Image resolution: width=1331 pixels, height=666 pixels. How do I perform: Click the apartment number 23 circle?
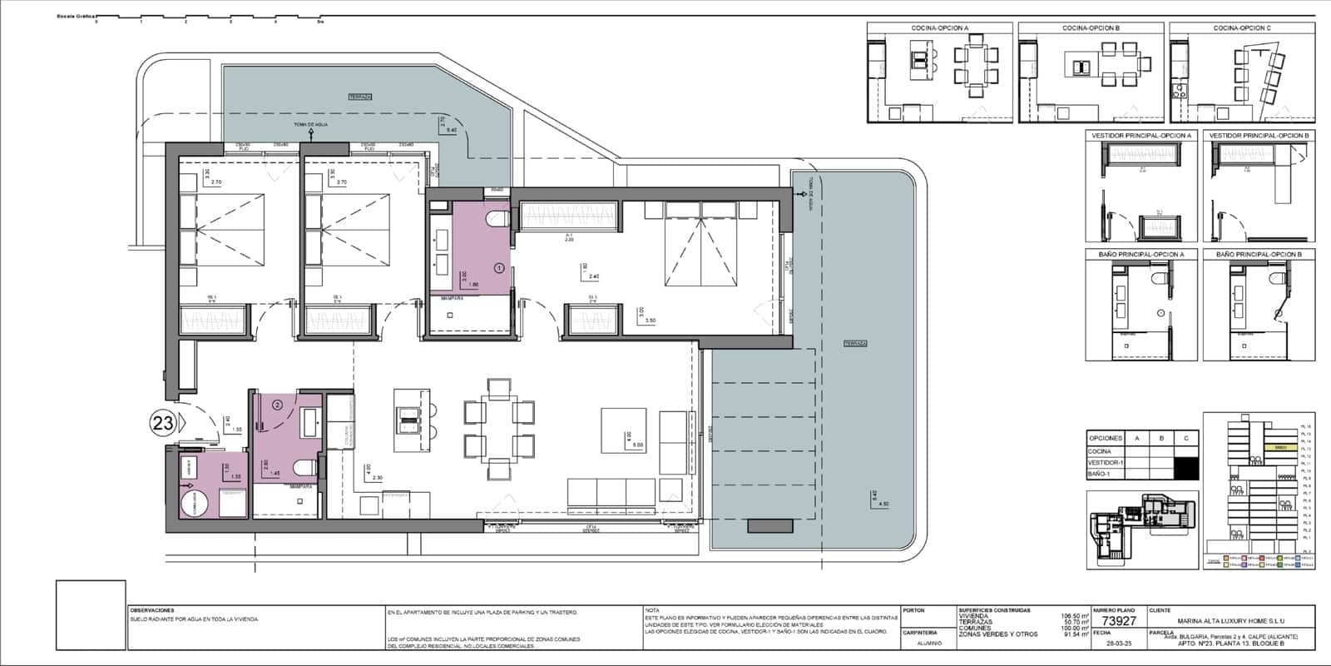coord(162,423)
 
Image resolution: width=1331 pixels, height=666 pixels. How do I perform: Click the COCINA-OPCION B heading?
coord(1091,28)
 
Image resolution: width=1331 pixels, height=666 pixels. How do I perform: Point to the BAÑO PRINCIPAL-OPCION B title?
coord(1259,254)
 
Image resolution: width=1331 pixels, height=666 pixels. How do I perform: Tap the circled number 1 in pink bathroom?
coord(499,268)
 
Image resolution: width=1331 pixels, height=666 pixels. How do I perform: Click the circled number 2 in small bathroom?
coord(278,405)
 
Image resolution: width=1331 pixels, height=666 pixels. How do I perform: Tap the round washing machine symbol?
coord(195,504)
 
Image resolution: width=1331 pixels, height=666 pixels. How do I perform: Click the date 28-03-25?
coord(1118,644)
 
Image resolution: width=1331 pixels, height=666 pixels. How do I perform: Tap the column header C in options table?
coord(1185,438)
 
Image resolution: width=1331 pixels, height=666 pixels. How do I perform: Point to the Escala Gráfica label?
coord(75,16)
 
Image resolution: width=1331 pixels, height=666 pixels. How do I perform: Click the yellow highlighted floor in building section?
coord(1281,447)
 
